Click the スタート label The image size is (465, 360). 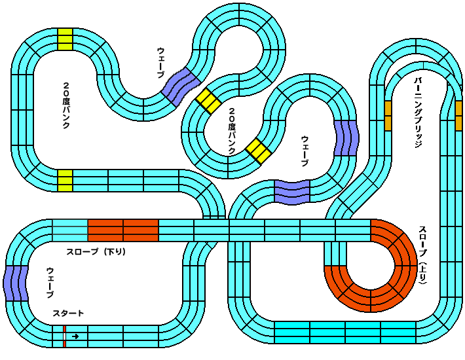[x=68, y=314]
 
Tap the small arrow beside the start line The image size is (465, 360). [x=76, y=336]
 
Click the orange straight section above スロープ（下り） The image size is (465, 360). [x=123, y=230]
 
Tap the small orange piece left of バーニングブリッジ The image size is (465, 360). [x=388, y=115]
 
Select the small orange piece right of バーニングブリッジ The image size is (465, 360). [x=458, y=115]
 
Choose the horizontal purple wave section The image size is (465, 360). [x=291, y=191]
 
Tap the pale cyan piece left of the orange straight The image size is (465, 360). [x=69, y=230]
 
